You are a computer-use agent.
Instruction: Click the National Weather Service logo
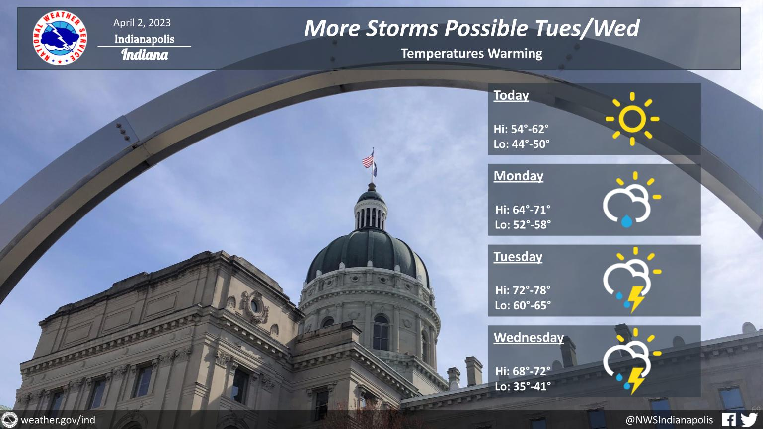60,38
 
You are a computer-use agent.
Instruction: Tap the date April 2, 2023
142,23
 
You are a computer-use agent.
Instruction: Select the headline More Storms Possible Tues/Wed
472,28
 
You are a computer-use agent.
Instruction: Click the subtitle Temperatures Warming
471,54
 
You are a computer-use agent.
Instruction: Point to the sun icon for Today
632,119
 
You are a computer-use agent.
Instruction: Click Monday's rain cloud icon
632,200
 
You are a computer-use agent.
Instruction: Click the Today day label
511,95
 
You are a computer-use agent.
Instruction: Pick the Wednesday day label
529,338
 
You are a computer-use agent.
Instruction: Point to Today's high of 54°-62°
521,129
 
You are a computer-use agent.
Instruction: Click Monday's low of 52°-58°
523,225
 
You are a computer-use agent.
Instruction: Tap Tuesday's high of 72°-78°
523,290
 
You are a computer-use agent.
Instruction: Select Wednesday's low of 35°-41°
523,386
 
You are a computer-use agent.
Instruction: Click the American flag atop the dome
368,160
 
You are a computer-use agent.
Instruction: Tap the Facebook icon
729,420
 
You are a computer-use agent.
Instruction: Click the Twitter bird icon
749,420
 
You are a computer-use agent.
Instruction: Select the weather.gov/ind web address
58,420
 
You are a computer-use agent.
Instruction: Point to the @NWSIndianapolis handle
669,420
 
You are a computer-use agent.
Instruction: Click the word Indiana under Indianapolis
145,55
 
